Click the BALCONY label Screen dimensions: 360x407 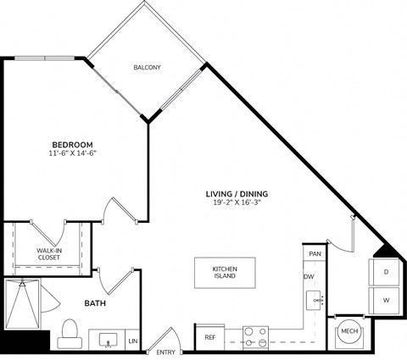point(148,67)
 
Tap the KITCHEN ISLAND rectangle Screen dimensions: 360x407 point(225,272)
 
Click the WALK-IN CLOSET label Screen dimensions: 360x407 point(49,255)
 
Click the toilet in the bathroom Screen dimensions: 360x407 point(70,331)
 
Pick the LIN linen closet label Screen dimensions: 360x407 point(132,341)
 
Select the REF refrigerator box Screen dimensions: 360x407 point(210,337)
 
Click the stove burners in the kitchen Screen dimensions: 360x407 point(255,335)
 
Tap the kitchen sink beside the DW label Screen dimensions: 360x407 point(315,300)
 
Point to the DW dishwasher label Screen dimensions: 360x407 point(309,277)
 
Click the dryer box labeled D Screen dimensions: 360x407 point(385,272)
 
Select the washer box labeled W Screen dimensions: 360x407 point(385,300)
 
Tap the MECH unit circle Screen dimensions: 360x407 point(348,333)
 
